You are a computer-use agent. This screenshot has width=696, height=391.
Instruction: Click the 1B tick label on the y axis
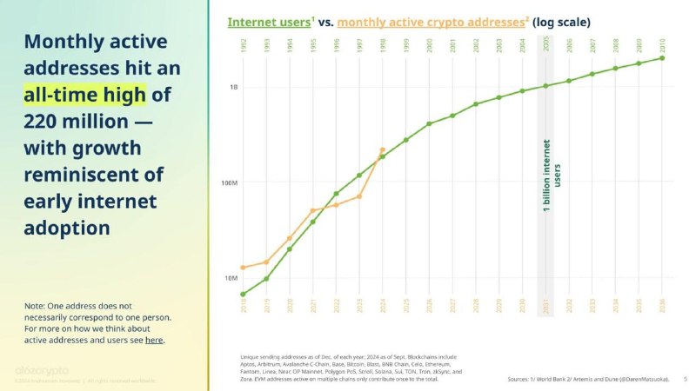pos(233,88)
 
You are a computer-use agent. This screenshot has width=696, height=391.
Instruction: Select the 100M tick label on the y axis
pos(230,182)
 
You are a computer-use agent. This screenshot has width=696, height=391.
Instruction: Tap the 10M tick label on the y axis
pos(231,278)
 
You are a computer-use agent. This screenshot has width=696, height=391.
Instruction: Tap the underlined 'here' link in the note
pos(153,340)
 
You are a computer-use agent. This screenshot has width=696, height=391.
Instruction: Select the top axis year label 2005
pos(545,46)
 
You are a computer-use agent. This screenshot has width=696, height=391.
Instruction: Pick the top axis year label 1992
pos(243,46)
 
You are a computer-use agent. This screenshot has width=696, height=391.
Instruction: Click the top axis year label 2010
pos(662,46)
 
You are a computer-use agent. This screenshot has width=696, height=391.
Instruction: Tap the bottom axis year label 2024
pos(383,304)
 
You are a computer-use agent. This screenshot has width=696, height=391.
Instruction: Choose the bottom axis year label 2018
pos(243,304)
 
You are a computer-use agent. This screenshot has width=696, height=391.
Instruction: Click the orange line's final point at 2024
pos(383,149)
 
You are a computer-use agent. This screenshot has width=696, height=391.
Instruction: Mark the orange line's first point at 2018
pos(243,268)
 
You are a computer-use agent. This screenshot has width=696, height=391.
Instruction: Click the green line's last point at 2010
pos(662,58)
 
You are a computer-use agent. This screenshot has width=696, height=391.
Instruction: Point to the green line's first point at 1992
pos(243,295)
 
